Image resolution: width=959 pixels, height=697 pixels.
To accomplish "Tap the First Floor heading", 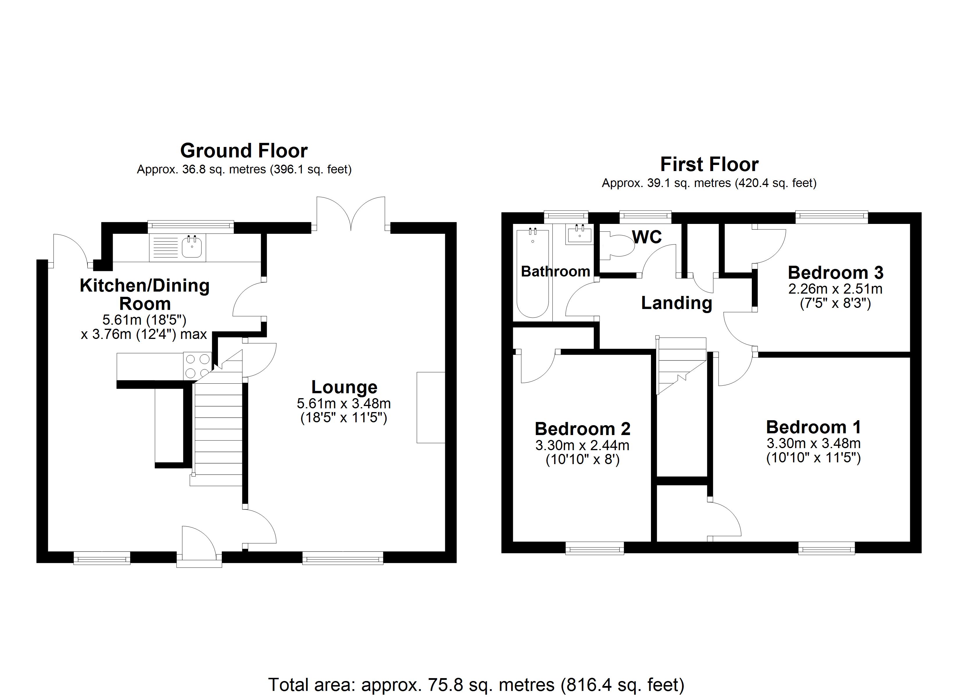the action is pyautogui.click(x=709, y=164).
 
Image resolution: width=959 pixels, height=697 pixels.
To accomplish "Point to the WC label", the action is pyautogui.click(x=647, y=237).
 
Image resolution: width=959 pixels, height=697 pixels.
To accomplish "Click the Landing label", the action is pyautogui.click(x=677, y=303).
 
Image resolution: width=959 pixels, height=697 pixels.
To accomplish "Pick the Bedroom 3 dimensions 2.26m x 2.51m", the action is pyautogui.click(x=835, y=289).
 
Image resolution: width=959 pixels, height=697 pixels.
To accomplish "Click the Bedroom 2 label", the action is pyautogui.click(x=582, y=429).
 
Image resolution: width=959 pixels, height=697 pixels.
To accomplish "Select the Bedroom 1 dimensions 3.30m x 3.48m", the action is pyautogui.click(x=813, y=443).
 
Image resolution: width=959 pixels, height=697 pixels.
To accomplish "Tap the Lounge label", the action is pyautogui.click(x=344, y=387).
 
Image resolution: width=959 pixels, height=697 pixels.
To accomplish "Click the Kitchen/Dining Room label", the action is pyautogui.click(x=145, y=294).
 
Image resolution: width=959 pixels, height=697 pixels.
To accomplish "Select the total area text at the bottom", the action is pyautogui.click(x=476, y=684).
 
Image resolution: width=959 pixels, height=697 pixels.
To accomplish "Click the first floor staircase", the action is pyautogui.click(x=681, y=364).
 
